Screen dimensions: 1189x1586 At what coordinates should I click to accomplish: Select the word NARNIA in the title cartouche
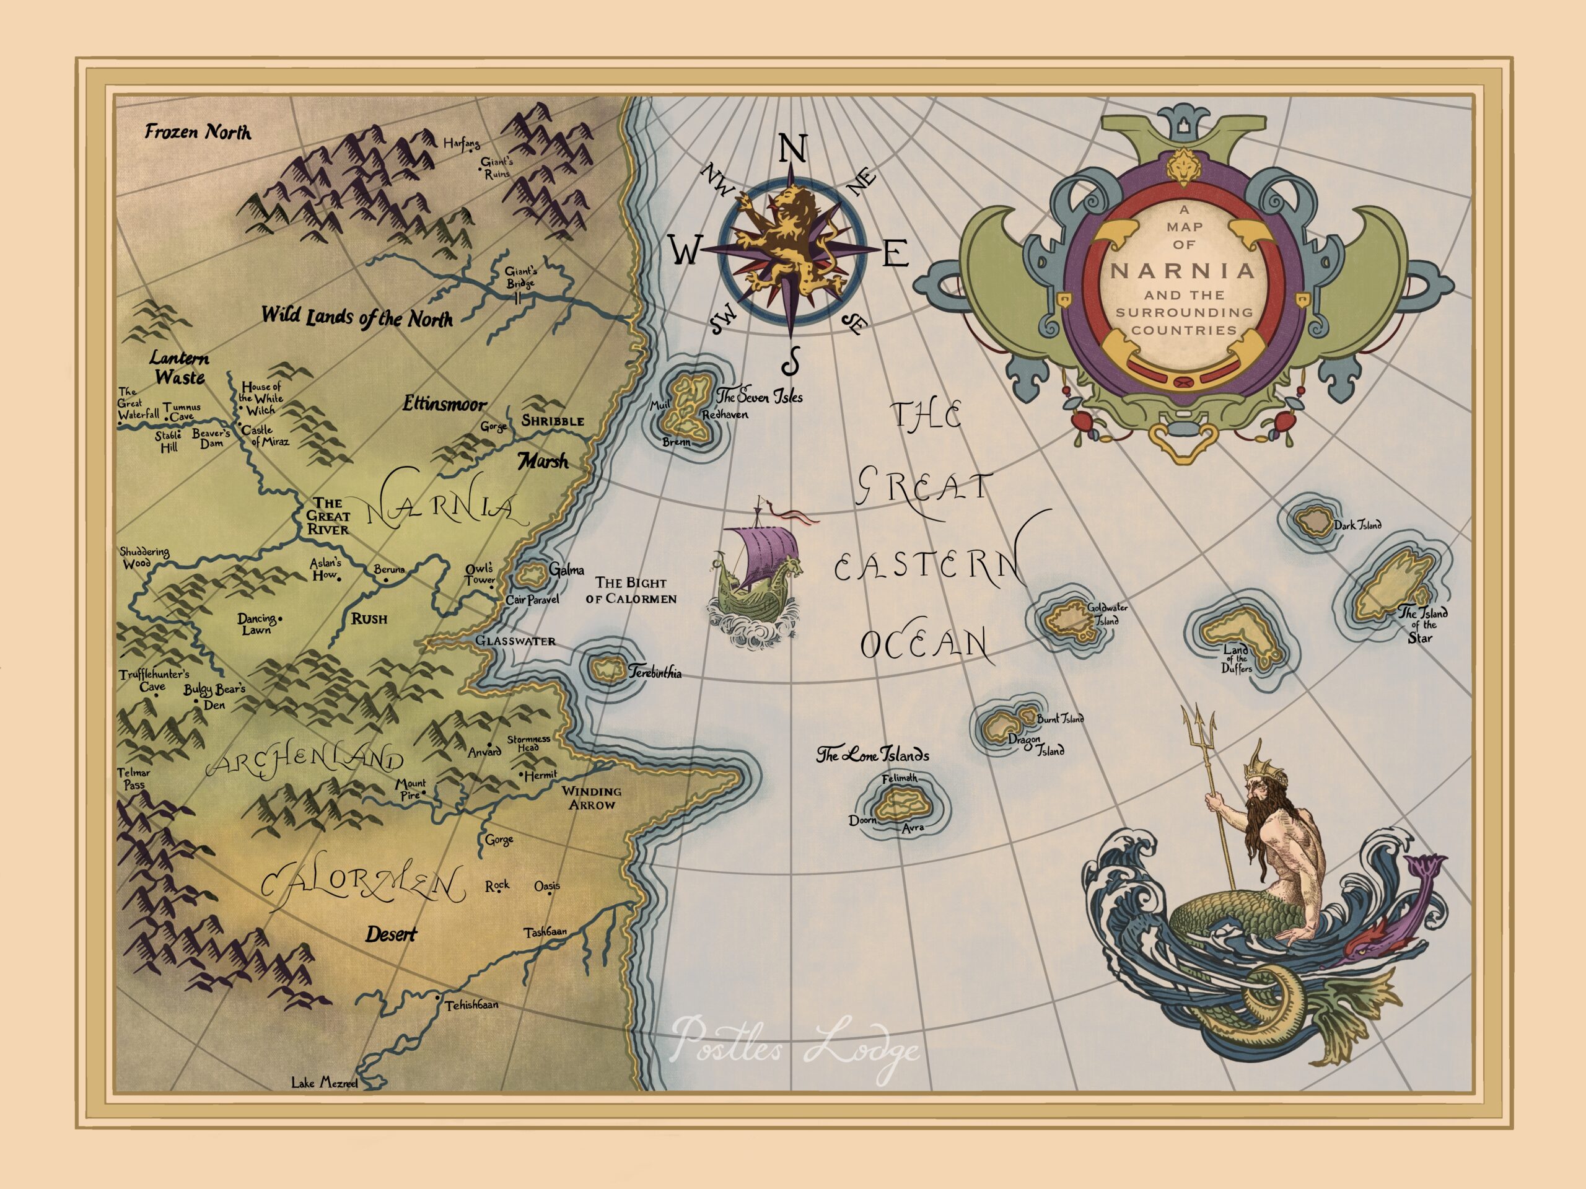(1183, 271)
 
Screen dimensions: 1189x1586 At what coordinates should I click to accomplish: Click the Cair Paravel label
(532, 600)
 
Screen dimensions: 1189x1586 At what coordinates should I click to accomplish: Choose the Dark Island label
(1357, 525)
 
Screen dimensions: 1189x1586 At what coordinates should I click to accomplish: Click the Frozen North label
(198, 132)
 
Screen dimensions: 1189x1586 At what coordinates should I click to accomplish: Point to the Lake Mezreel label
(324, 1083)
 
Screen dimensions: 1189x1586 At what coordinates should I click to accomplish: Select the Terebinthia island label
(655, 673)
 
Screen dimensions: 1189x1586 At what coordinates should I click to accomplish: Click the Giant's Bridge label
(521, 278)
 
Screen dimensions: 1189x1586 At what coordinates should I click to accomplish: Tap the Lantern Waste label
(179, 368)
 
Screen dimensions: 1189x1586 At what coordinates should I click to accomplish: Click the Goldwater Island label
(1107, 614)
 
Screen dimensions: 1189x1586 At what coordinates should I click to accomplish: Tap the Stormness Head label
(528, 743)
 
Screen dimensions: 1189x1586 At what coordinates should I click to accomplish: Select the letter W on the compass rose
(685, 252)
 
